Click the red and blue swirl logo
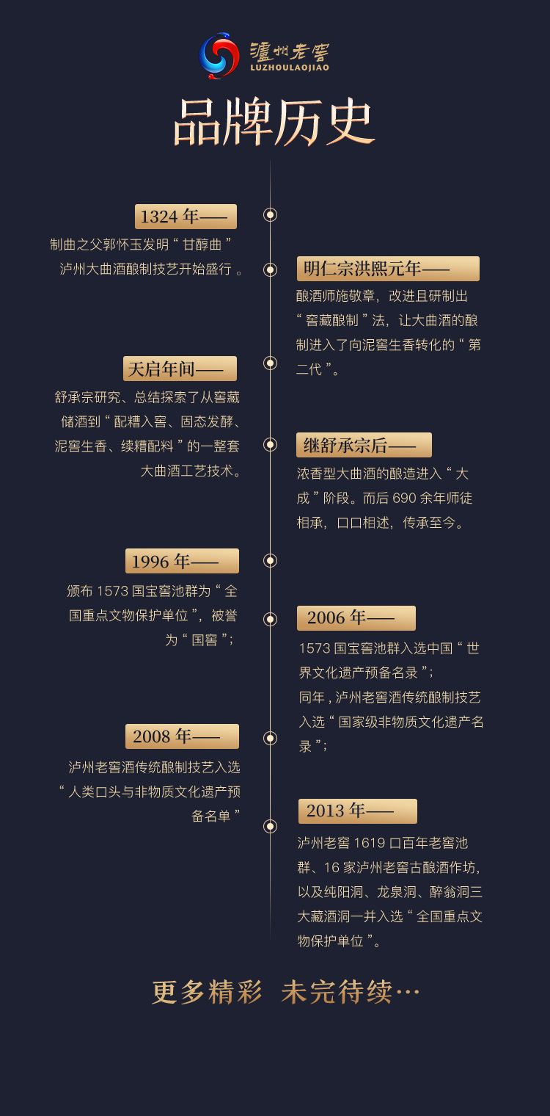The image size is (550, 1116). point(219,56)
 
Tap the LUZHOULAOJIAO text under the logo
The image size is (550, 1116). point(289,68)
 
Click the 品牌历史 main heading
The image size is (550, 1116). point(274,122)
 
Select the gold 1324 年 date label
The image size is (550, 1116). point(186,217)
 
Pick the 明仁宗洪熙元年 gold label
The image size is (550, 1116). point(388,269)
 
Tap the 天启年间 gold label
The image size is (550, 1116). point(180,369)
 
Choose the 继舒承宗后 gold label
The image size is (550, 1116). point(364,445)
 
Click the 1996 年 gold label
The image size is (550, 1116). point(182,561)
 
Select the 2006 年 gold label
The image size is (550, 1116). point(356,618)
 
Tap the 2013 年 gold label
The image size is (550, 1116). point(357,811)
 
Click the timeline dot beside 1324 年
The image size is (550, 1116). point(271,215)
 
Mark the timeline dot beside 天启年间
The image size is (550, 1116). point(271,363)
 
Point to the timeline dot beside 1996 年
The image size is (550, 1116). point(271,561)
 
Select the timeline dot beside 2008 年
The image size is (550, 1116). point(271,738)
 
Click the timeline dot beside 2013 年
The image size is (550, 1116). point(271,826)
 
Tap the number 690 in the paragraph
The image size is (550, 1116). point(404,499)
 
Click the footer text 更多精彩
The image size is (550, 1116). point(207,993)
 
